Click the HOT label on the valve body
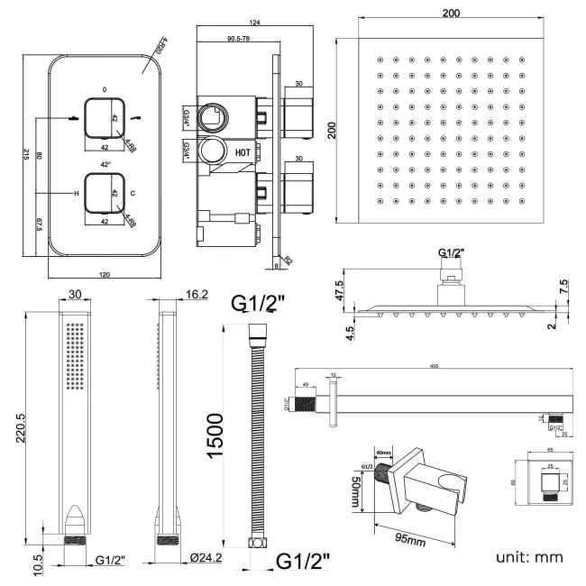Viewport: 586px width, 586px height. click(x=243, y=152)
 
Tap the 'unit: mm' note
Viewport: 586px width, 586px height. click(x=529, y=556)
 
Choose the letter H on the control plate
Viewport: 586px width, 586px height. click(x=76, y=194)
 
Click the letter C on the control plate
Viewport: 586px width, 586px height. click(x=133, y=194)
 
